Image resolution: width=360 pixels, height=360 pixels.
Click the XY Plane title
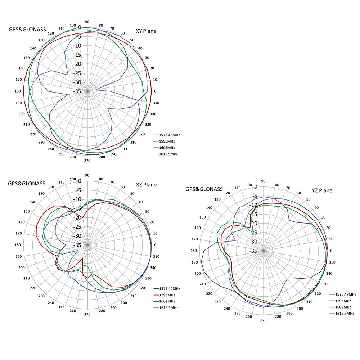[146, 31]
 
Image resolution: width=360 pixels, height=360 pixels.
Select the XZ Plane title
[146, 185]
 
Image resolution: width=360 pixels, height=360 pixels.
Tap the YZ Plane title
[322, 190]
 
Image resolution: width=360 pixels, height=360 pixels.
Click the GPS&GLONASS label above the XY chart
[27, 30]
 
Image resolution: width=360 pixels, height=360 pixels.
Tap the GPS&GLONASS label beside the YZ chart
[204, 189]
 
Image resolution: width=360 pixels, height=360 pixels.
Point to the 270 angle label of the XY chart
[87, 161]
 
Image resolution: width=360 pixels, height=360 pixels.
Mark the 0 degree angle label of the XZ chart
[156, 245]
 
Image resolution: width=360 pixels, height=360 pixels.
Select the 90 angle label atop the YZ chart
[263, 181]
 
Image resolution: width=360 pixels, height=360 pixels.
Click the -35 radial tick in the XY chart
[78, 91]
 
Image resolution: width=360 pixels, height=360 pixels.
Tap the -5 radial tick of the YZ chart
[255, 196]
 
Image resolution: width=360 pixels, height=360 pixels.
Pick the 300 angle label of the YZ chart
[300, 308]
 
